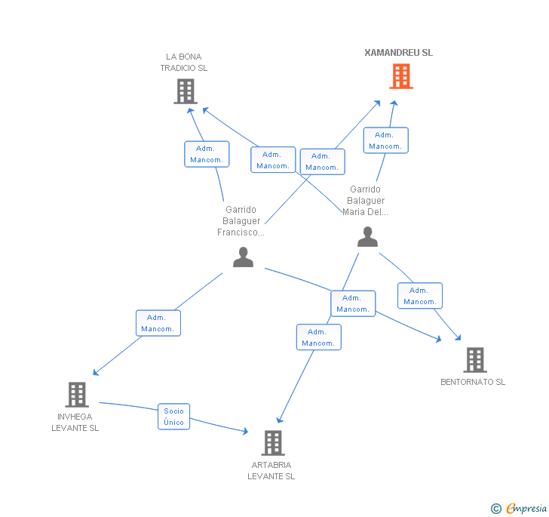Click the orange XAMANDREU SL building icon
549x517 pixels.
(x=401, y=76)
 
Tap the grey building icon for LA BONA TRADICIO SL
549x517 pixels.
(x=185, y=91)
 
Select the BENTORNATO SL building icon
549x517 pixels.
(x=474, y=360)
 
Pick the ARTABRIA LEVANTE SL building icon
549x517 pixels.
(x=272, y=443)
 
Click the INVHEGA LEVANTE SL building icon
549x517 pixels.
(x=76, y=394)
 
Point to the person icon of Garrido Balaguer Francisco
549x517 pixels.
(x=243, y=257)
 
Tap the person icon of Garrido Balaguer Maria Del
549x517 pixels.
(x=367, y=237)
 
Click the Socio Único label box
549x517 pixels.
(x=173, y=417)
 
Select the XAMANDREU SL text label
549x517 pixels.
(x=398, y=53)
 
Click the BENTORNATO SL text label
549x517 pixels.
(x=473, y=382)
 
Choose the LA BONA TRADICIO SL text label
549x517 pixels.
(x=183, y=62)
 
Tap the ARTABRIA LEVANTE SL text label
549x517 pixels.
(x=271, y=470)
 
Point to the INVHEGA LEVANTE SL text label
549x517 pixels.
(x=75, y=422)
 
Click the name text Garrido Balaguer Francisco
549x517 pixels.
(x=241, y=221)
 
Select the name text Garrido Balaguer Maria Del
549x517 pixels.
(x=366, y=201)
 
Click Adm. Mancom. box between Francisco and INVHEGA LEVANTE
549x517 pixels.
(x=158, y=323)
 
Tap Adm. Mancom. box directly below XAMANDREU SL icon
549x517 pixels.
(x=385, y=140)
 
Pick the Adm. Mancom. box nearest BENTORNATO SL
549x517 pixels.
(x=419, y=296)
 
